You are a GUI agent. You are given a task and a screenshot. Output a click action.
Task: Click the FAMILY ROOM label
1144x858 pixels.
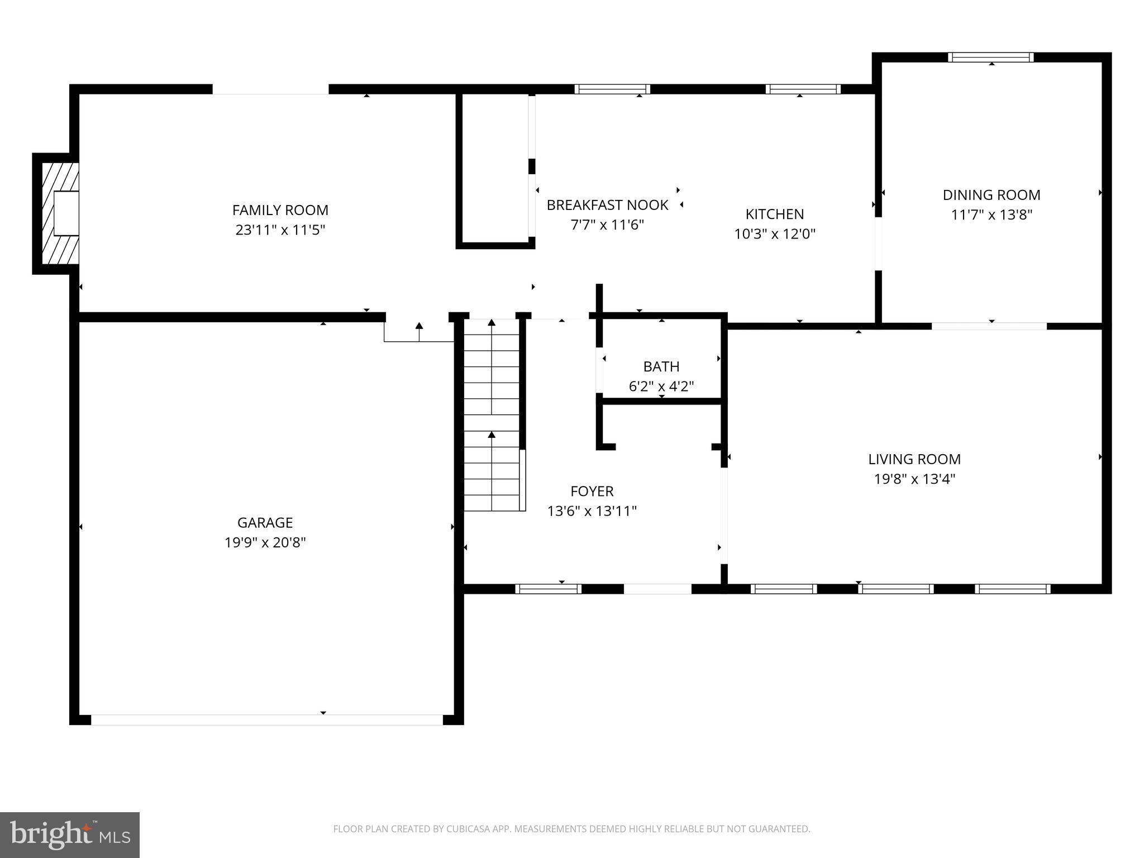pyautogui.click(x=280, y=210)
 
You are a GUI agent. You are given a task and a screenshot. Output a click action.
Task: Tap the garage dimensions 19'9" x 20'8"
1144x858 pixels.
pyautogui.click(x=265, y=542)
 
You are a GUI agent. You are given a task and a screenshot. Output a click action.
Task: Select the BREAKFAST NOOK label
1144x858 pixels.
pyautogui.click(x=607, y=205)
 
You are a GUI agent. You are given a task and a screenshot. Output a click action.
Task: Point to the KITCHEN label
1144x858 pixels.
pyautogui.click(x=774, y=214)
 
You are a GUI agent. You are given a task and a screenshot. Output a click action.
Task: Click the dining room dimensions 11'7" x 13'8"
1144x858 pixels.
pyautogui.click(x=991, y=215)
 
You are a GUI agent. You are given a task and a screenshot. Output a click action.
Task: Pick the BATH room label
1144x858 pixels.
pyautogui.click(x=661, y=366)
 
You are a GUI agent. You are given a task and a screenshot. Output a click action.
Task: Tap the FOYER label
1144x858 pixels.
pyautogui.click(x=592, y=491)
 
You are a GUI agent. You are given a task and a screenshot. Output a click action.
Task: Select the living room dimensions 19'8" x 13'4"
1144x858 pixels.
pyautogui.click(x=914, y=479)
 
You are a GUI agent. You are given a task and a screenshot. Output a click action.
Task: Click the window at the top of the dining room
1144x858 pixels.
pyautogui.click(x=990, y=57)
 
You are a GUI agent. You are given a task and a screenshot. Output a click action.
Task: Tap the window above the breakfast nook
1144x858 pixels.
pyautogui.click(x=612, y=89)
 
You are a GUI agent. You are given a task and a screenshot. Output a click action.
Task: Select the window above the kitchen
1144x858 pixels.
pyautogui.click(x=803, y=89)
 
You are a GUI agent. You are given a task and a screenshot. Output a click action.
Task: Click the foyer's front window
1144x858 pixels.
pyautogui.click(x=548, y=589)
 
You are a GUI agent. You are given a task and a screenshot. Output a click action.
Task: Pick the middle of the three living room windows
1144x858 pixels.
pyautogui.click(x=895, y=589)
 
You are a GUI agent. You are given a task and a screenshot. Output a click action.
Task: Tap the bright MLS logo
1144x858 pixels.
pyautogui.click(x=69, y=835)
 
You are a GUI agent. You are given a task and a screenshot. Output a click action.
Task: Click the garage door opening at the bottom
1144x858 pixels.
pyautogui.click(x=267, y=719)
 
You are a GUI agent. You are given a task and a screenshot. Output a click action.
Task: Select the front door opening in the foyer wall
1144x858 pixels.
pyautogui.click(x=657, y=589)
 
